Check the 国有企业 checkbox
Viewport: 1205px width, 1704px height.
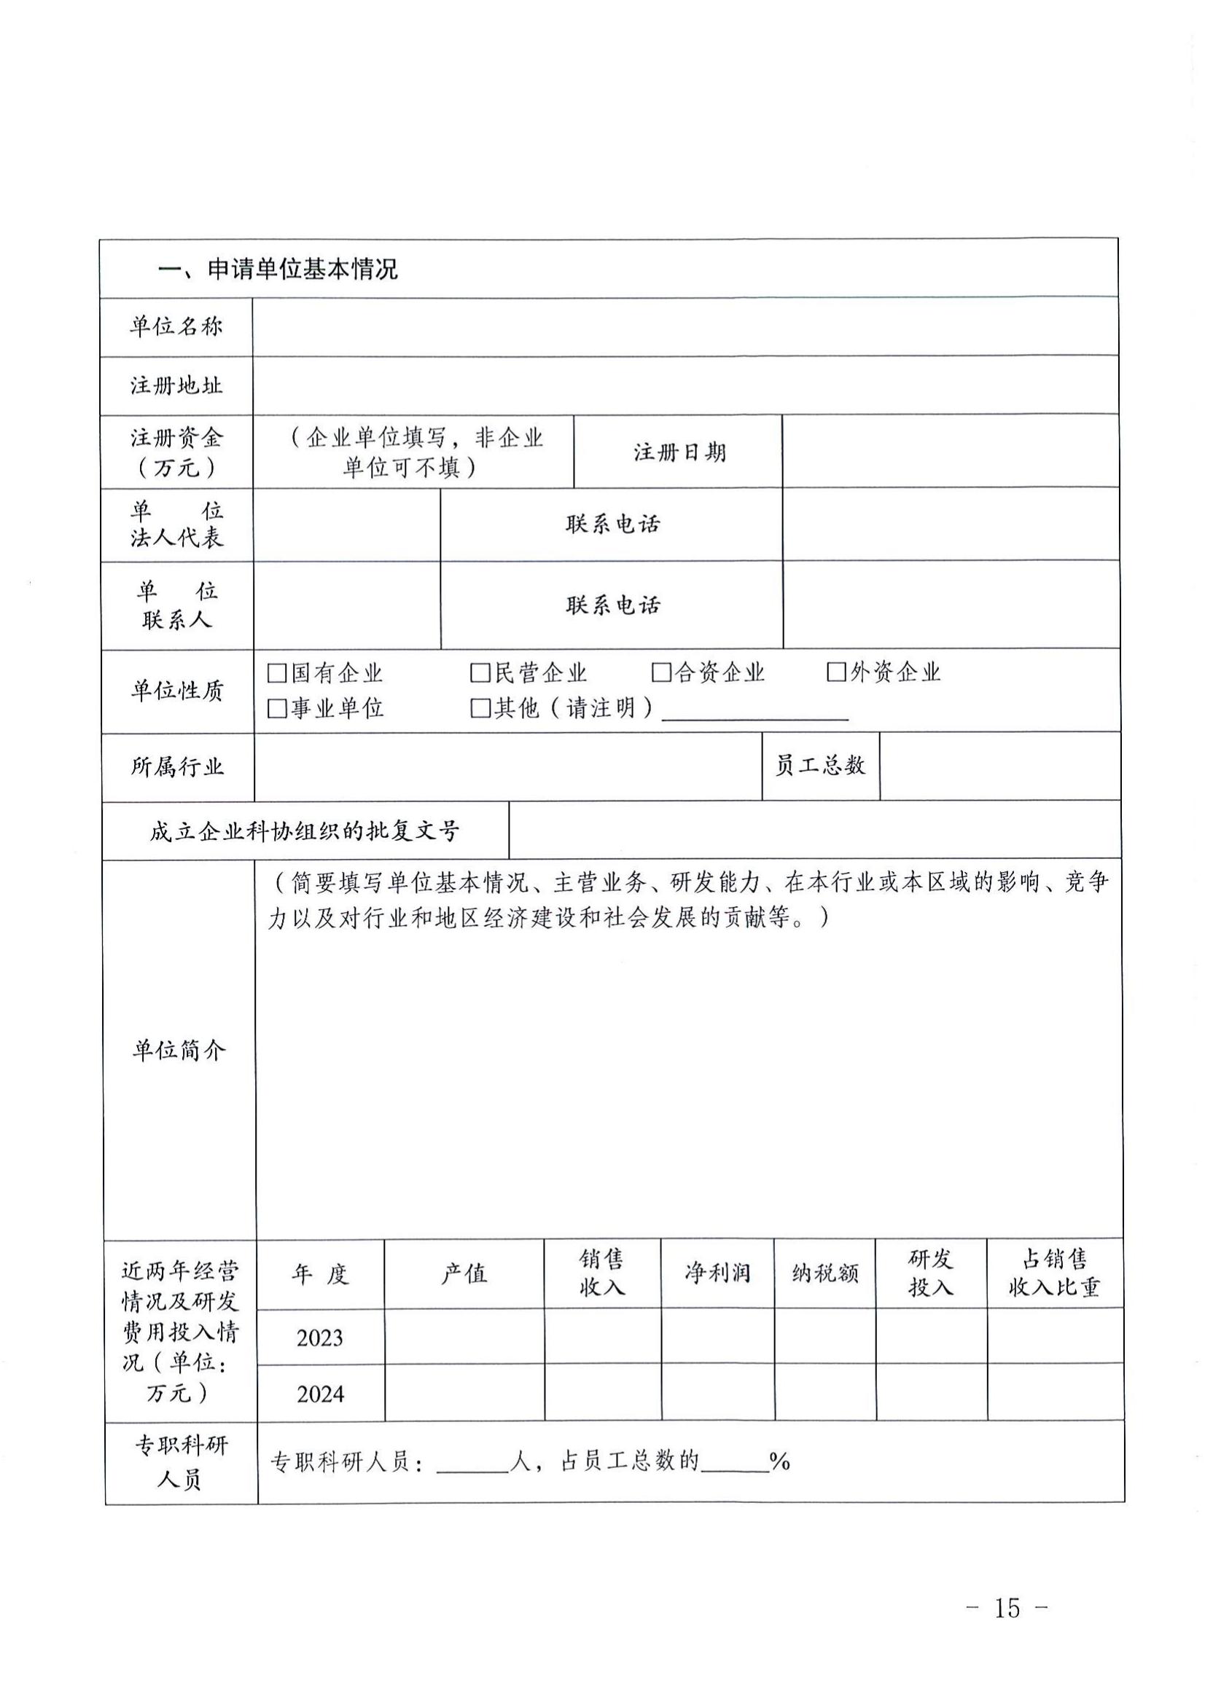pyautogui.click(x=276, y=673)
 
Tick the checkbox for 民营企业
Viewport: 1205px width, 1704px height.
pyautogui.click(x=480, y=673)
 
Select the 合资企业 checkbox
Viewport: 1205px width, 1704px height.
pyautogui.click(x=660, y=672)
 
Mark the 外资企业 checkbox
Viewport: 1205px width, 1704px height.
pyautogui.click(x=836, y=672)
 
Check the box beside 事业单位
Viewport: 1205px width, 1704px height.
pyautogui.click(x=276, y=709)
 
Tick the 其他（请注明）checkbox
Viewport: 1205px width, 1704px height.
pyautogui.click(x=480, y=709)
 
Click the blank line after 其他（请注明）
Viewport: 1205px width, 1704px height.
pyautogui.click(x=754, y=711)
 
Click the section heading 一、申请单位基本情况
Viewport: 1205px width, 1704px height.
pyautogui.click(x=278, y=269)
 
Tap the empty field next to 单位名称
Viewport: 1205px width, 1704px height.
pyautogui.click(x=685, y=326)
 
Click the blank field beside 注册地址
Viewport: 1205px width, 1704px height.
pyautogui.click(x=685, y=385)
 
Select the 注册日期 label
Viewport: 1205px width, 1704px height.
pyautogui.click(x=679, y=452)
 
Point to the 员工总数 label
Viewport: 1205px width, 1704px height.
pyautogui.click(x=820, y=765)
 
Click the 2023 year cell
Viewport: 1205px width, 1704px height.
pyautogui.click(x=320, y=1338)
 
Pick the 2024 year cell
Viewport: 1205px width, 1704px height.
pyautogui.click(x=320, y=1394)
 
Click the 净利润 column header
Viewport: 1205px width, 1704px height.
pyautogui.click(x=717, y=1273)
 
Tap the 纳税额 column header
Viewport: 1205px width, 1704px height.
pyautogui.click(x=825, y=1273)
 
